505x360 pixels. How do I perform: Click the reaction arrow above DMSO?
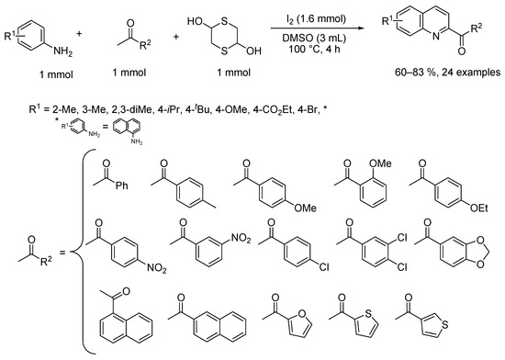[317, 28]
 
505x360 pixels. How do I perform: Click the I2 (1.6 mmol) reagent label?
[317, 19]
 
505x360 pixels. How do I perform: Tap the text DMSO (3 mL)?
[314, 38]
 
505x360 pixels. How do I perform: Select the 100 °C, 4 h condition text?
[314, 49]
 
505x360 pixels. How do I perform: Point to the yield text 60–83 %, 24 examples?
[448, 73]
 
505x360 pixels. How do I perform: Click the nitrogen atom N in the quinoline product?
[436, 37]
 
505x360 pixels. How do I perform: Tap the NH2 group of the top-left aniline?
[62, 51]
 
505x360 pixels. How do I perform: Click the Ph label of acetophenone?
[122, 186]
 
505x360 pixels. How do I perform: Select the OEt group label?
[479, 208]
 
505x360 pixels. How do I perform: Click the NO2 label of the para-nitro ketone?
[157, 267]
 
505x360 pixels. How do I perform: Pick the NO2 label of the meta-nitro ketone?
[241, 238]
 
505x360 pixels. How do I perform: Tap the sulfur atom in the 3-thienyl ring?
[444, 324]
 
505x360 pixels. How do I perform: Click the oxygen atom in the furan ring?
[302, 313]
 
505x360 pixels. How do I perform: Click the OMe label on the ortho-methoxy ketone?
[380, 163]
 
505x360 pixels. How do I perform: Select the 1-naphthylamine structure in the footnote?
[128, 131]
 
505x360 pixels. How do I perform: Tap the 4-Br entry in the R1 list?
[309, 110]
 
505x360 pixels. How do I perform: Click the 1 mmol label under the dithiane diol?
[233, 73]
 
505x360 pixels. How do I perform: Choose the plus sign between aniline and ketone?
[79, 33]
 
